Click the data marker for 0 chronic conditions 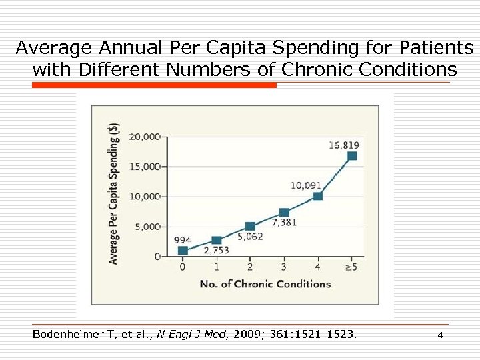point(183,251)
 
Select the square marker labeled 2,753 point(217,240)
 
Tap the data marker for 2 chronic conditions point(250,227)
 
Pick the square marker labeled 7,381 point(284,213)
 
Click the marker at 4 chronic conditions point(317,196)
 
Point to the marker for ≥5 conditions point(351,156)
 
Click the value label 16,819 point(344,145)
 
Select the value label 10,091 point(305,185)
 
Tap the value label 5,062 point(250,236)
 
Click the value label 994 point(182,240)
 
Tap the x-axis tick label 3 point(284,268)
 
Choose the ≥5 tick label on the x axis point(351,268)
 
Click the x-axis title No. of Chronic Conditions point(265,284)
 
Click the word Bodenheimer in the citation point(66,335)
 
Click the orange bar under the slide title point(154,85)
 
